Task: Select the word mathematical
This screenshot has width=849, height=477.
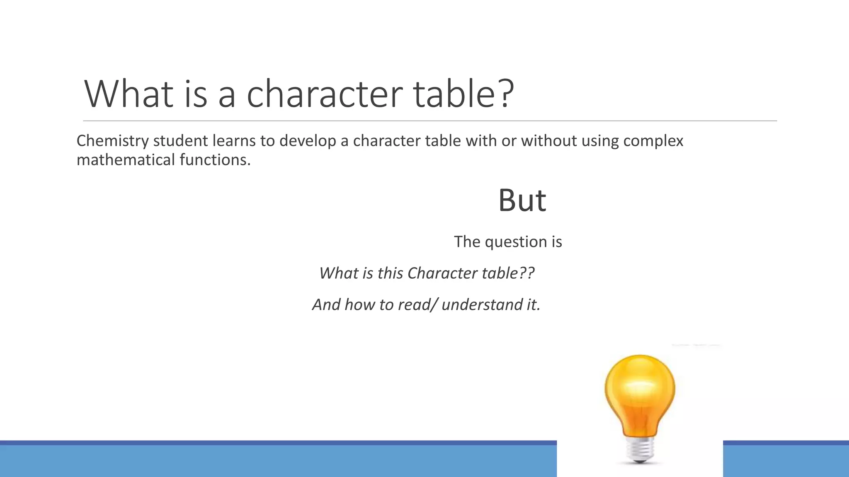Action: point(126,160)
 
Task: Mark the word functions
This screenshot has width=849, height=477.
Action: point(215,160)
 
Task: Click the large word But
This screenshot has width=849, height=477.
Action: point(522,200)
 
